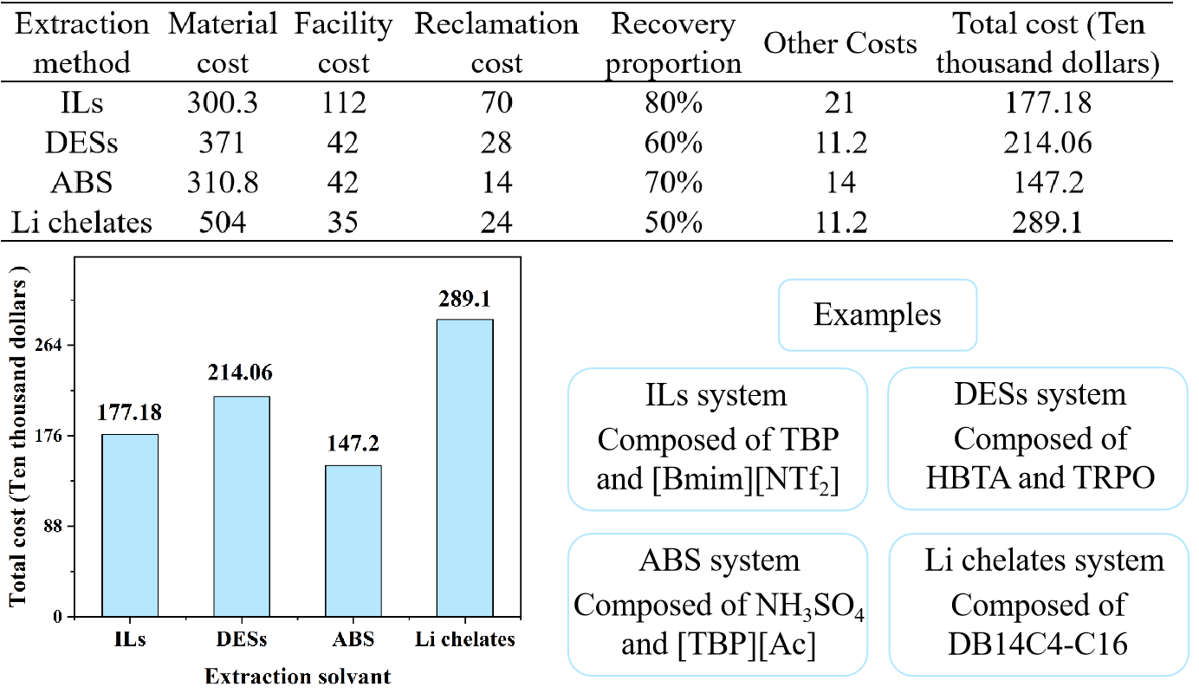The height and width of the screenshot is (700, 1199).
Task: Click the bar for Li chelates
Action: tap(464, 468)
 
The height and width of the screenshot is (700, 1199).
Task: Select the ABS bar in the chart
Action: tap(353, 541)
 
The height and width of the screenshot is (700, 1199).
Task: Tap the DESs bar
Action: tap(242, 506)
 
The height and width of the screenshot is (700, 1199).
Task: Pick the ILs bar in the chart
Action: tap(130, 525)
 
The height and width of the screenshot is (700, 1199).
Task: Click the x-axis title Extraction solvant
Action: tap(297, 676)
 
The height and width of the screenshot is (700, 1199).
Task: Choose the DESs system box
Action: tap(1039, 438)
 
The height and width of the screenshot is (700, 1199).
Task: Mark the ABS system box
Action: tap(718, 604)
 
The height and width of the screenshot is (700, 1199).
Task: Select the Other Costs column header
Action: tap(839, 44)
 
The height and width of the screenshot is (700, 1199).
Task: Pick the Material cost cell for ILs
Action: tap(222, 103)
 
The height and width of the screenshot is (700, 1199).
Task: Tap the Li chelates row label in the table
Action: tap(82, 222)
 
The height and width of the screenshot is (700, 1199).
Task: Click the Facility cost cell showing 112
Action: tap(343, 103)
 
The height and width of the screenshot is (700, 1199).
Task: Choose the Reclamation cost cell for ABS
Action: tap(496, 182)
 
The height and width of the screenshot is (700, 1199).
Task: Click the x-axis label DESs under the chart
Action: tap(242, 642)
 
